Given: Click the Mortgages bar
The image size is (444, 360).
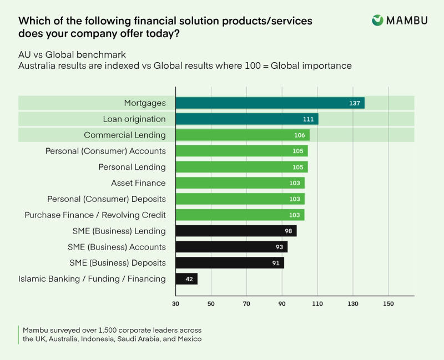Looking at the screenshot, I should pyautogui.click(x=270, y=103).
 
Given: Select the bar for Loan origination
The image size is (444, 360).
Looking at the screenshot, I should pyautogui.click(x=247, y=119).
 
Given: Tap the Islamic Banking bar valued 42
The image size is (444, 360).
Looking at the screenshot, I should pyautogui.click(x=186, y=279).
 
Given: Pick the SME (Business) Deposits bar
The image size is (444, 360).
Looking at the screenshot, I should pyautogui.click(x=230, y=263).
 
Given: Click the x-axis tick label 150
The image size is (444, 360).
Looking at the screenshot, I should pyautogui.click(x=388, y=305).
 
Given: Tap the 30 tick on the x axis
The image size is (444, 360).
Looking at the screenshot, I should pyautogui.click(x=175, y=305).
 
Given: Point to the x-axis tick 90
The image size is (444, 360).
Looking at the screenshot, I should pyautogui.click(x=282, y=305).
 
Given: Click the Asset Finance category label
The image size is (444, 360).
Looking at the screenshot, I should pyautogui.click(x=138, y=183).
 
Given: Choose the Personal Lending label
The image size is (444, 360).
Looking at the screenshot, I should pyautogui.click(x=132, y=167).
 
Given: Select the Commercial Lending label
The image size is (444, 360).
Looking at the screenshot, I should pyautogui.click(x=125, y=135).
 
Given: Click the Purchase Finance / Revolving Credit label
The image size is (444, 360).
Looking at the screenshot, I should pyautogui.click(x=95, y=215).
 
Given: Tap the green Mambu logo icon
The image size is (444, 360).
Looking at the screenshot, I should pyautogui.click(x=377, y=21).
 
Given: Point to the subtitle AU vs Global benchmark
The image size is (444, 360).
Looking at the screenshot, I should pyautogui.click(x=73, y=55).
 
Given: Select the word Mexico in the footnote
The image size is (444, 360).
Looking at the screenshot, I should pyautogui.click(x=189, y=339).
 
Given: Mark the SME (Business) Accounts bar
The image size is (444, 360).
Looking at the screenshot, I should pyautogui.click(x=231, y=247).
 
